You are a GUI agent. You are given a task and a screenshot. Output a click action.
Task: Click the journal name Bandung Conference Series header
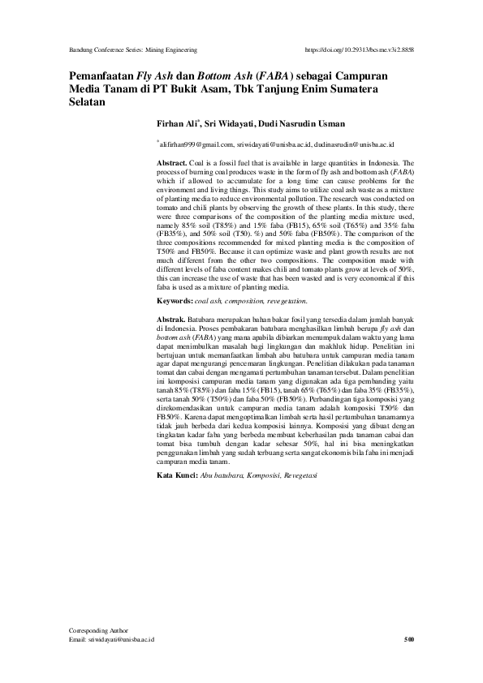133,49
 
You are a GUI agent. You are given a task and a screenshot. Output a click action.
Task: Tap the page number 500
409,640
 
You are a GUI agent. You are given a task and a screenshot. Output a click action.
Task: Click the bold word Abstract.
172,163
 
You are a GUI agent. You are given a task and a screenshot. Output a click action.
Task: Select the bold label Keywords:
175,301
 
